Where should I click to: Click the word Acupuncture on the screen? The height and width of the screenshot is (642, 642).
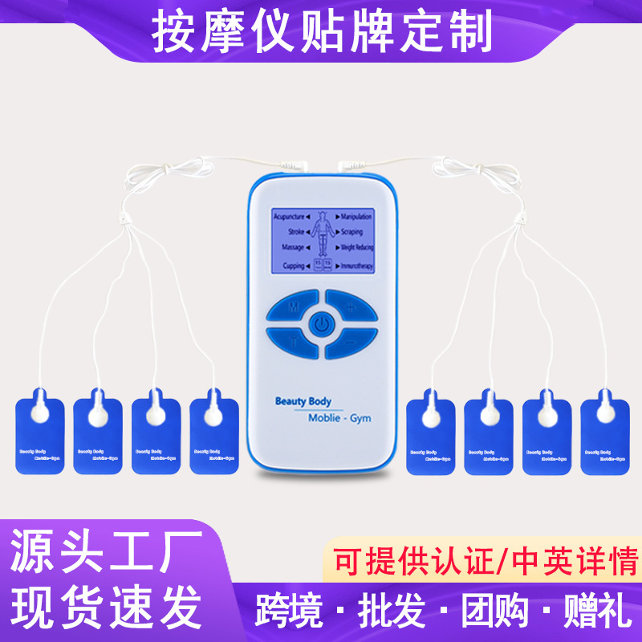click(x=288, y=217)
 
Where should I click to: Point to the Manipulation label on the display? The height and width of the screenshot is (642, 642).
click(x=356, y=217)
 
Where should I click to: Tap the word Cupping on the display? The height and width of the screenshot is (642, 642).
click(x=292, y=263)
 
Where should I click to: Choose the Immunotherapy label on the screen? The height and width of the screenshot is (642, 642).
click(x=358, y=263)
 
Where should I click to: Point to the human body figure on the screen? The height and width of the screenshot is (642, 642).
click(x=322, y=234)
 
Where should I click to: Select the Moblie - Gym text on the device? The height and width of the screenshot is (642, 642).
click(x=339, y=418)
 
